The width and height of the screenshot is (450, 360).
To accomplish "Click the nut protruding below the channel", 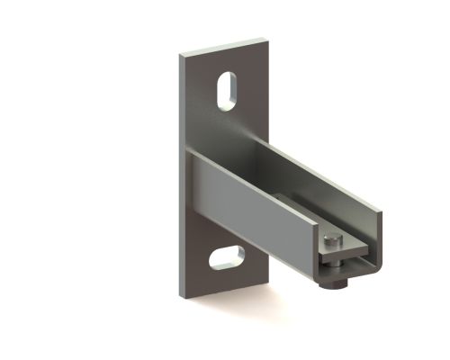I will coord(335,283).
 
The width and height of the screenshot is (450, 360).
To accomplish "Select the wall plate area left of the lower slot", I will coord(200,261).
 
